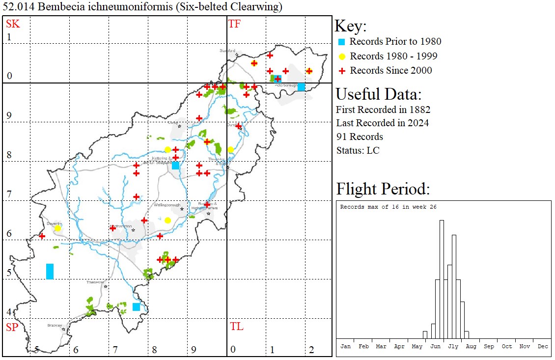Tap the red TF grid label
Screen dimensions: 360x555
pos(235,24)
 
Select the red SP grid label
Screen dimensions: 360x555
pos(12,328)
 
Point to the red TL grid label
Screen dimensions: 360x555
pos(237,327)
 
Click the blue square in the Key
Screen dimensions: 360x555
pos(342,42)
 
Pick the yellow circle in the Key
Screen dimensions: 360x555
pos(342,56)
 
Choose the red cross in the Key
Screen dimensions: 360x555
pos(342,71)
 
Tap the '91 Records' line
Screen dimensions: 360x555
pos(360,137)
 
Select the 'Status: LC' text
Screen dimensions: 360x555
pos(358,150)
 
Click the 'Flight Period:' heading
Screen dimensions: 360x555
pos(383,189)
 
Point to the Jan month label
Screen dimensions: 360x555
pos(346,346)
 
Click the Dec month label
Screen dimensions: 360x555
pos(543,346)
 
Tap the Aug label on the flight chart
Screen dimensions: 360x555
pos(471,346)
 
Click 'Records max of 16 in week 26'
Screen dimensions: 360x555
pos(388,207)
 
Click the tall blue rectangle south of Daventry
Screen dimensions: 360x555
pos(50,271)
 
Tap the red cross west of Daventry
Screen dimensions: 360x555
pos(42,236)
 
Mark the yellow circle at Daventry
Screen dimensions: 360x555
pos(57,228)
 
